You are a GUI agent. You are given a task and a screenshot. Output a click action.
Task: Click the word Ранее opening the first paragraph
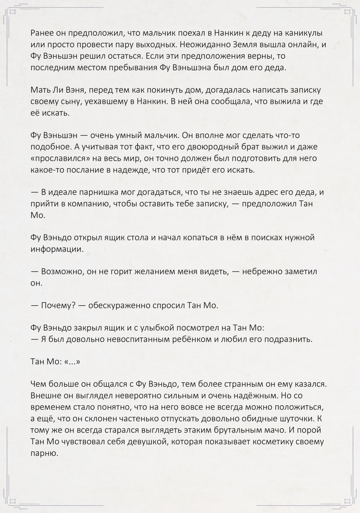(x=42, y=33)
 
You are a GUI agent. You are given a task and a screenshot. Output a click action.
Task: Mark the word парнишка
(x=97, y=192)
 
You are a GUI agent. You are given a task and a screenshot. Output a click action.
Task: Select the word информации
(x=57, y=249)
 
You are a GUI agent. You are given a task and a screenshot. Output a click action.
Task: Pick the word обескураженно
(x=121, y=305)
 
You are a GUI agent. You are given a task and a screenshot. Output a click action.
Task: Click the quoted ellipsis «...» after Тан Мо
(x=72, y=362)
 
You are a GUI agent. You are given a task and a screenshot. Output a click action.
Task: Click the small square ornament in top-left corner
(x=13, y=13)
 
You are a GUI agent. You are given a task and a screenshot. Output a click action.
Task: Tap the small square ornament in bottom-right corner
(x=347, y=500)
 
